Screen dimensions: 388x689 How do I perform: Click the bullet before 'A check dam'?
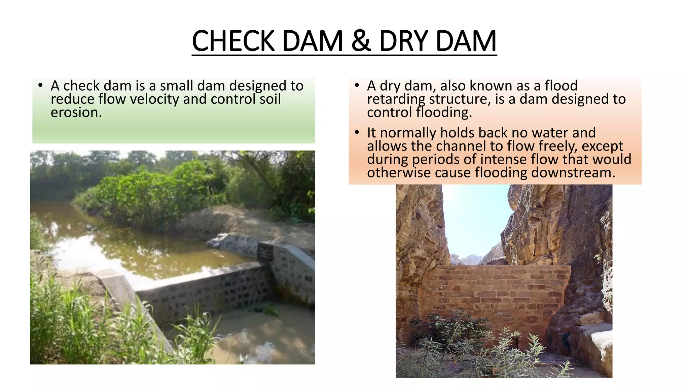coord(40,86)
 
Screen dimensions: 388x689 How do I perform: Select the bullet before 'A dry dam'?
coord(357,86)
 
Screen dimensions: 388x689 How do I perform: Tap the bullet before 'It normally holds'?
coord(357,132)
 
